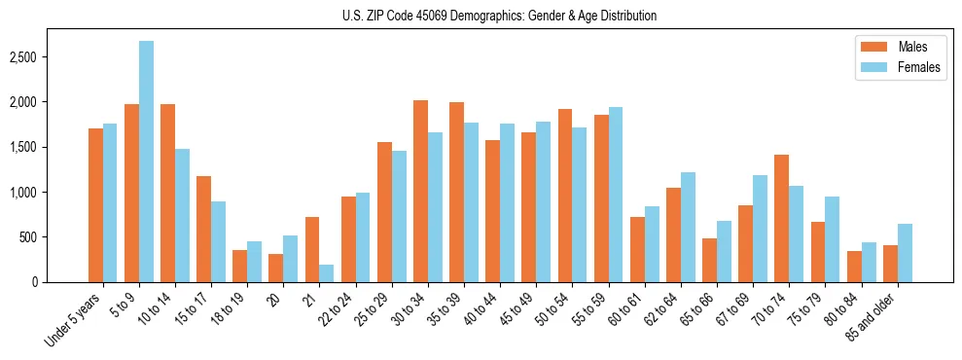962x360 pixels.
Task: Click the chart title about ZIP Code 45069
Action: tap(500, 16)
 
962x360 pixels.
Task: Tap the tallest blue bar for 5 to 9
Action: tap(146, 162)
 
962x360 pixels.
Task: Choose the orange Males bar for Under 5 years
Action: tap(95, 205)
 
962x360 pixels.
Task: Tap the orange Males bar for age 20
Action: tap(276, 268)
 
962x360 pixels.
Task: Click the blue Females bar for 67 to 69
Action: tap(760, 229)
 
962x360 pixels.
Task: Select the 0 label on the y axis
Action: tap(59, 282)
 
